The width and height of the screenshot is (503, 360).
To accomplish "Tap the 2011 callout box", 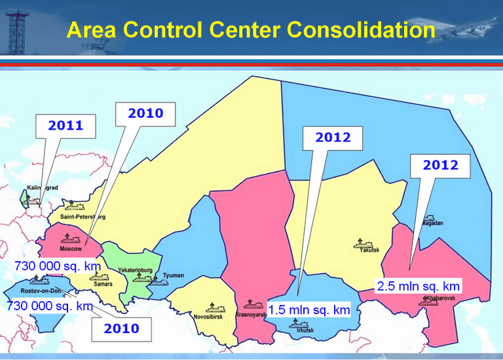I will pos(66,126).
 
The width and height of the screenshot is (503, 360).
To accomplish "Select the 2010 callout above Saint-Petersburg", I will pos(145,113).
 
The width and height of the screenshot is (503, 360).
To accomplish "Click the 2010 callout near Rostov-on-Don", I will pos(122,329).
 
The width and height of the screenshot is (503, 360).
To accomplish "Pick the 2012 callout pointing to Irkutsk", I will pos(333,137).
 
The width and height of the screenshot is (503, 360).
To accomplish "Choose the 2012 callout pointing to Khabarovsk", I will pos(440,165).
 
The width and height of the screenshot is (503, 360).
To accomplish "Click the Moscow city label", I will pos(70,249).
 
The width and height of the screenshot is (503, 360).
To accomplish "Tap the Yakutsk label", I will pos(371,250).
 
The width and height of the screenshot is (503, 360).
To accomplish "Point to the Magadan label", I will pos(431,223).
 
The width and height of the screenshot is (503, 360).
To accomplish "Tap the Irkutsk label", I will pos(305,330).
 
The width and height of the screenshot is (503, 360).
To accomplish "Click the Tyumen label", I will pos(174,276).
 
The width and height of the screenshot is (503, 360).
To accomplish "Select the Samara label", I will pos(102,284).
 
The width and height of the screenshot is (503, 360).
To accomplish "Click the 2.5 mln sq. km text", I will pos(419,286).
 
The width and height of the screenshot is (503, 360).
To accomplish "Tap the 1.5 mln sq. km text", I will pos(309,309).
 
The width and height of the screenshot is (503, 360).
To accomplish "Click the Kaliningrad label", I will pos(41,188).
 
